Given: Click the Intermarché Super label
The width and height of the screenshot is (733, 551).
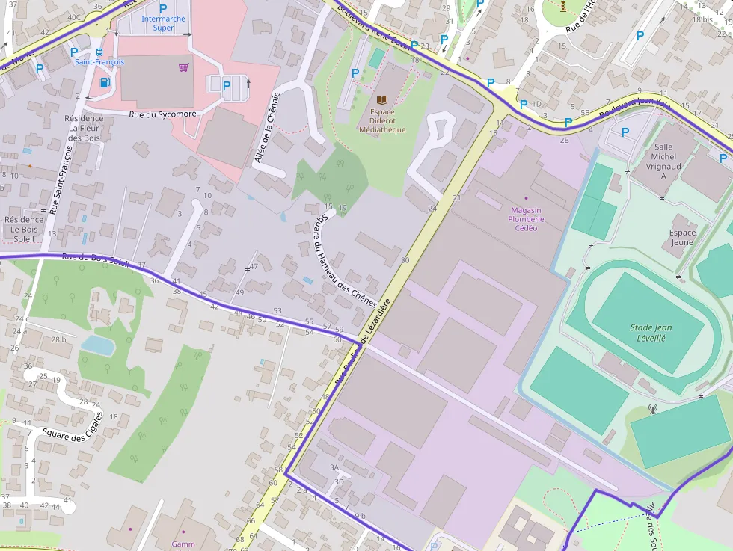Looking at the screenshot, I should pyautogui.click(x=158, y=23).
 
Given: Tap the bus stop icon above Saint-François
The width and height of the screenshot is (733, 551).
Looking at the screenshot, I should pyautogui.click(x=99, y=52).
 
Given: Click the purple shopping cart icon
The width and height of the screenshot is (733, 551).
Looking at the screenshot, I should pyautogui.click(x=183, y=67).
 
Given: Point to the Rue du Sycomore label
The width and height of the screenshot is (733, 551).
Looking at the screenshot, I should pyautogui.click(x=162, y=114).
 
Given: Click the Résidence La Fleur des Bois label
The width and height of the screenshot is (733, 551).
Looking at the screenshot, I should pyautogui.click(x=84, y=128).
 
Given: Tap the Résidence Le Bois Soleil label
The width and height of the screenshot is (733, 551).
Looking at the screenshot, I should pyautogui.click(x=24, y=229).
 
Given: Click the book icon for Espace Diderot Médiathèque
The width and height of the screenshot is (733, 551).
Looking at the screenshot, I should pyautogui.click(x=382, y=99).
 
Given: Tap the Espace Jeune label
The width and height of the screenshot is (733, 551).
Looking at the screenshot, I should pyautogui.click(x=682, y=237).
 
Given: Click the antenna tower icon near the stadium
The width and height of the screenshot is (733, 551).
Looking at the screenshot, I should pyautogui.click(x=651, y=410).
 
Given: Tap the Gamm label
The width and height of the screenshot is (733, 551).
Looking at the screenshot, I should pyautogui.click(x=183, y=544).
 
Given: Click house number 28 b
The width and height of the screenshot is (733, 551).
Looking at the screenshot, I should pyautogui.click(x=58, y=339).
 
